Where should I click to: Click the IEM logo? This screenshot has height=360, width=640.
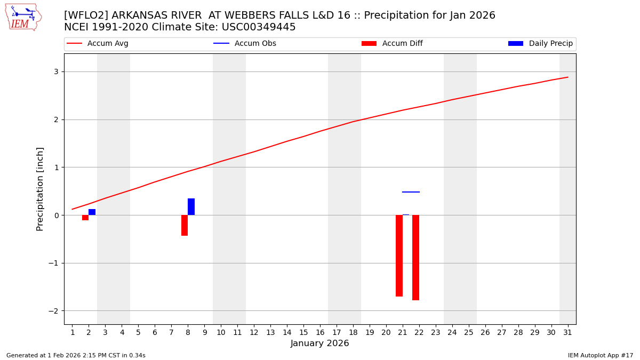point(23,17)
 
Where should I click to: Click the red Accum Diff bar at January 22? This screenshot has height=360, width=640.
point(415,257)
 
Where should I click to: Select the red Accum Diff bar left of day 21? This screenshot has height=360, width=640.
point(399,255)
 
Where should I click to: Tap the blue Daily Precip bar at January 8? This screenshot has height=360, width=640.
point(191,206)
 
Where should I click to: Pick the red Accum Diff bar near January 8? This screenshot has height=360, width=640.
point(185,225)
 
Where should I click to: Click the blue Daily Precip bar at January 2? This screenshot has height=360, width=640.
point(92,212)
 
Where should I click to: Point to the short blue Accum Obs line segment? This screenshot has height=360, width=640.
point(411,192)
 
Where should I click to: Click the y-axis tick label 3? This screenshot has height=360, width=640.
point(55,72)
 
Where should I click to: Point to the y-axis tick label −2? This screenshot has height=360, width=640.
point(53,311)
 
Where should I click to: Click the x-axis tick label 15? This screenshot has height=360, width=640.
point(303,332)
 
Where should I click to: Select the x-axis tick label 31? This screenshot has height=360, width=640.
point(567,332)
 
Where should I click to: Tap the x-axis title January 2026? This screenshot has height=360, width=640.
point(319,343)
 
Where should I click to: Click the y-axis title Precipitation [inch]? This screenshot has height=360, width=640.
point(40,189)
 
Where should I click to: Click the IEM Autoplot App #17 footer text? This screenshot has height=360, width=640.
point(600,355)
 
